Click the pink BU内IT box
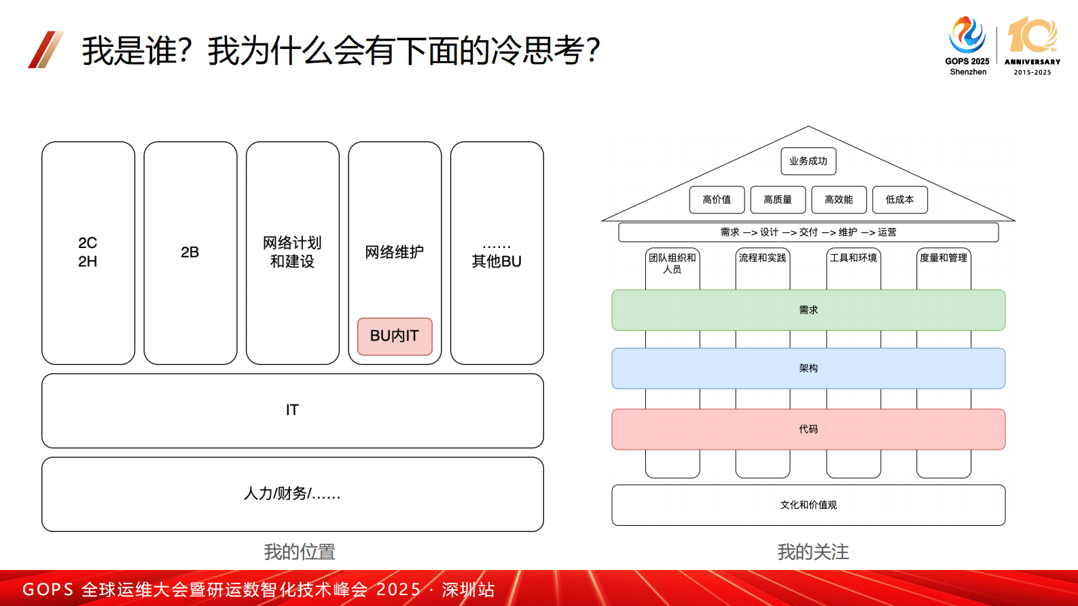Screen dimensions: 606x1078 [x=395, y=336]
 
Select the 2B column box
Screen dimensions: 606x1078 [x=190, y=253]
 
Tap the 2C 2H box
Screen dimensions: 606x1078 [x=88, y=253]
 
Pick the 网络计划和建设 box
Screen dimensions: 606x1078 [x=292, y=253]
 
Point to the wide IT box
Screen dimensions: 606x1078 [x=292, y=410]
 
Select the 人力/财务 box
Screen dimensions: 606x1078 [x=292, y=494]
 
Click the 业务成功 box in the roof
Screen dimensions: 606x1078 [x=808, y=162]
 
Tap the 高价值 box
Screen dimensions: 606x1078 [x=717, y=200]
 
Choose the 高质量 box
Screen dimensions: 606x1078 [x=778, y=200]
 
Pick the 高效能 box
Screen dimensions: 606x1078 [x=839, y=200]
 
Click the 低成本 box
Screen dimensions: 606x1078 [x=899, y=200]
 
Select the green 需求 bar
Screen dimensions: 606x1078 [x=808, y=310]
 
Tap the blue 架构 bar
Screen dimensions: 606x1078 [x=808, y=368]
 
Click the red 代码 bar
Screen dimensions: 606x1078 [x=808, y=429]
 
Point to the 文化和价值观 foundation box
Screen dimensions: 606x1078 [x=808, y=505]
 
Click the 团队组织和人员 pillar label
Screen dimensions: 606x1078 [x=672, y=264]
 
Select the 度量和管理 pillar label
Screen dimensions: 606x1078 [x=944, y=258]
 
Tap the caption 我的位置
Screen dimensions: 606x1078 [x=300, y=552]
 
